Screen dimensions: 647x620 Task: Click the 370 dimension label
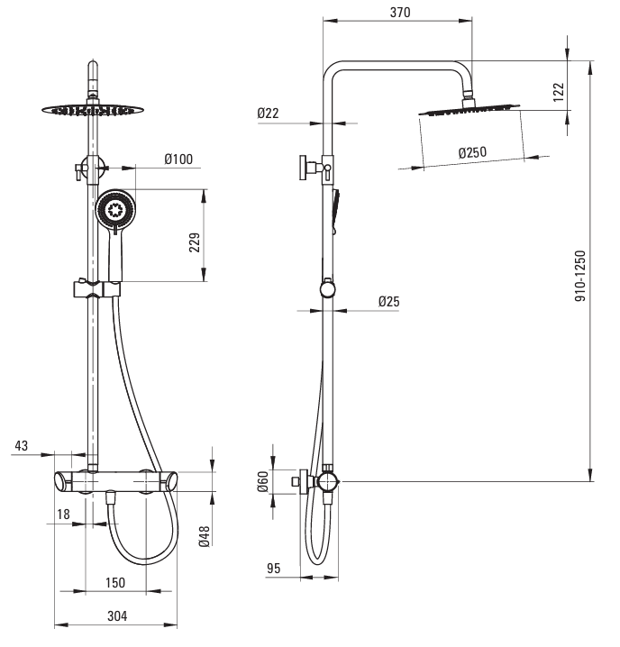[400, 13]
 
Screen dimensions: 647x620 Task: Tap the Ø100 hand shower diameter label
[178, 159]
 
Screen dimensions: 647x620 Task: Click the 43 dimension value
[22, 445]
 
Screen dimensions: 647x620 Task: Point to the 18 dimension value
[63, 514]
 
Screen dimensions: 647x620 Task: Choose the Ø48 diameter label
[205, 536]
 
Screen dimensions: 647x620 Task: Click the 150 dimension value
[114, 582]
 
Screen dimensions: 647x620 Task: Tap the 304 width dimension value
[117, 615]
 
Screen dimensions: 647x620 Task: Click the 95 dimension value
[274, 569]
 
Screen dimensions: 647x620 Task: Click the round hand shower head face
[114, 212]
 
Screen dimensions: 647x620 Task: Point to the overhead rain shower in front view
[90, 110]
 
